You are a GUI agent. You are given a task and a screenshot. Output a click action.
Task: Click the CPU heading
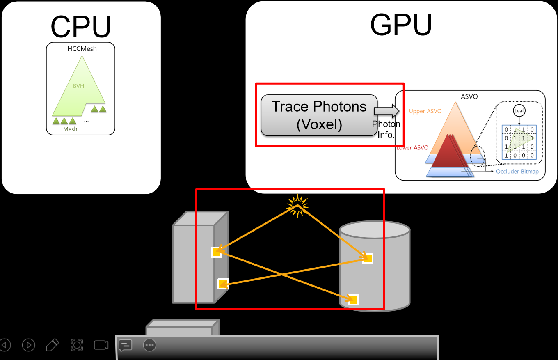pyautogui.click(x=81, y=26)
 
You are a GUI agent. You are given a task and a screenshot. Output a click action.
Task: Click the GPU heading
pyautogui.click(x=401, y=25)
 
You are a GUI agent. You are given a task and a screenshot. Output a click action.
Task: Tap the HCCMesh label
pyautogui.click(x=82, y=48)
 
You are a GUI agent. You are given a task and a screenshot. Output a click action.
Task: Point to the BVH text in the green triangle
pyautogui.click(x=78, y=86)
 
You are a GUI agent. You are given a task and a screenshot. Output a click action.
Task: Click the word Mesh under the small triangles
pyautogui.click(x=70, y=129)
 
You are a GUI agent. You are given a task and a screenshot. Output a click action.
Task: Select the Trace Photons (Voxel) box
pyautogui.click(x=319, y=115)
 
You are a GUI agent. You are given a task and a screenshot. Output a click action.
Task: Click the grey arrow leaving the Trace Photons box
pyautogui.click(x=387, y=111)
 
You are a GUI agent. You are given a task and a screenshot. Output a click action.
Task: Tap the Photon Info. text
pyautogui.click(x=386, y=129)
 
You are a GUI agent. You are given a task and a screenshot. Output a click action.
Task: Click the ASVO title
pyautogui.click(x=469, y=96)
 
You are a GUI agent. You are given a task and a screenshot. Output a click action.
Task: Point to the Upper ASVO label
pyautogui.click(x=425, y=111)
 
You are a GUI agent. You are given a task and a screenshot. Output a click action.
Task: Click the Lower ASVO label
pyautogui.click(x=412, y=148)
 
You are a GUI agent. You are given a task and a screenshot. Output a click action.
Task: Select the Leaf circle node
pyautogui.click(x=519, y=111)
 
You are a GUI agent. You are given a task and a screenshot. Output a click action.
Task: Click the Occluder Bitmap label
pyautogui.click(x=517, y=172)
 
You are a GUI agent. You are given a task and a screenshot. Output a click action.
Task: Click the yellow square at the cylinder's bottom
pyautogui.click(x=353, y=300)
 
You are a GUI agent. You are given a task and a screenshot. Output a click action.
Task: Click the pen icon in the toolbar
pyautogui.click(x=53, y=345)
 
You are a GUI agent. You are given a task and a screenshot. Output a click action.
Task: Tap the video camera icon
pyautogui.click(x=101, y=345)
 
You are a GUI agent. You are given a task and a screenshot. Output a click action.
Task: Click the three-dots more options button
pyautogui.click(x=149, y=345)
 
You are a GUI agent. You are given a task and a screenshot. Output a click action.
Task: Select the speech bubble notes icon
pyautogui.click(x=125, y=346)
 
